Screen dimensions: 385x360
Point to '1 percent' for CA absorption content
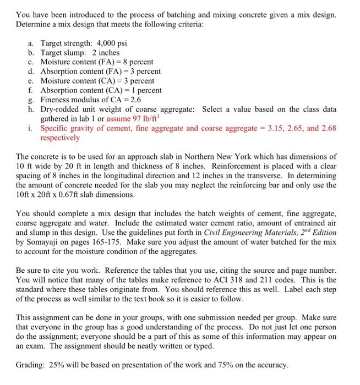coord(145,90)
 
